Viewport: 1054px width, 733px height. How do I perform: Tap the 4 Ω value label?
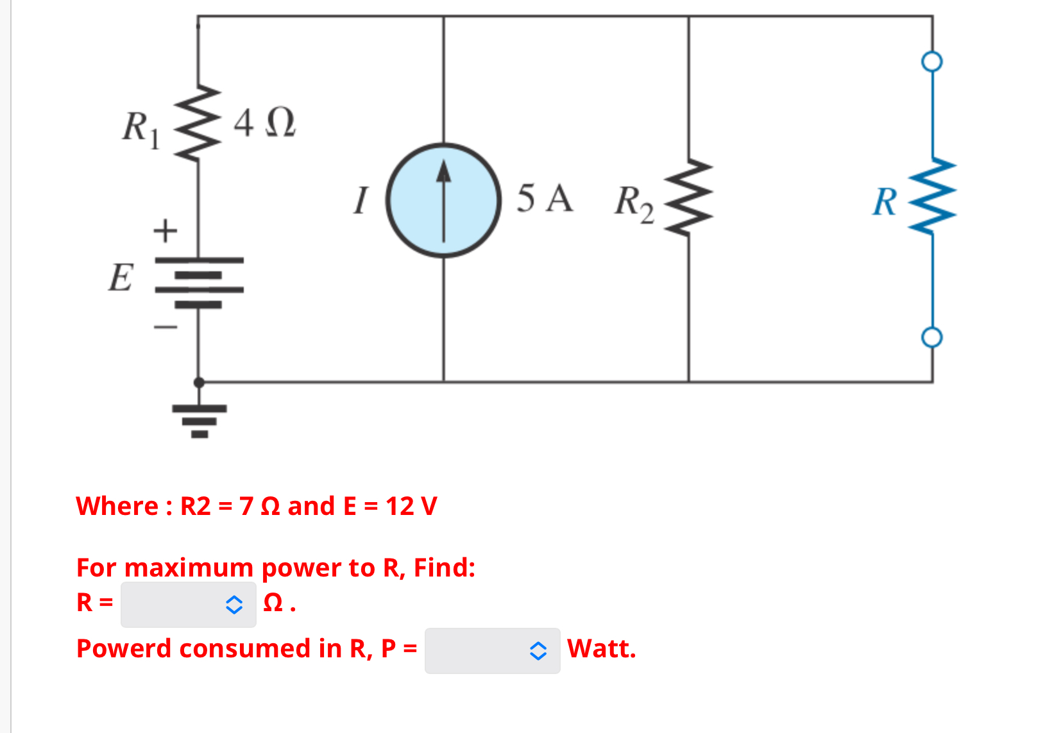pos(264,122)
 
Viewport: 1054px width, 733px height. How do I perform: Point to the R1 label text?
pos(140,128)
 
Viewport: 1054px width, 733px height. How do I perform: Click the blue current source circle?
pos(443,200)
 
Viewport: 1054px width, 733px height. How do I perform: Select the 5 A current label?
pos(544,198)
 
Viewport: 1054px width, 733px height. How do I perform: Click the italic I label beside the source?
pos(362,199)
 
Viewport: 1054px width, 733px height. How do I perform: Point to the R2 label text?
pos(634,203)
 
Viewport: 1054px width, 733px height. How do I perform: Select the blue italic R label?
pos(885,202)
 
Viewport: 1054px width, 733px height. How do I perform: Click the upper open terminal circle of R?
pos(931,62)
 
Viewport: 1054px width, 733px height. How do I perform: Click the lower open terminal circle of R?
pos(931,337)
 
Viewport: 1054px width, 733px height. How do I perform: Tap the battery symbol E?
pos(199,282)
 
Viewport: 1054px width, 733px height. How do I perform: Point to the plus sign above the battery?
pos(165,230)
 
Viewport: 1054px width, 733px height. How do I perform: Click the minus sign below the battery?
pos(165,328)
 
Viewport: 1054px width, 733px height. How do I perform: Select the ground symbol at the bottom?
pos(200,419)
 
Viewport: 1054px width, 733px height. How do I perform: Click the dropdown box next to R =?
pos(188,604)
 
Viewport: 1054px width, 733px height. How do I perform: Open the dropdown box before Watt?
pos(492,650)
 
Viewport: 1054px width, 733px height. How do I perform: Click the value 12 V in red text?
pos(411,506)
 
